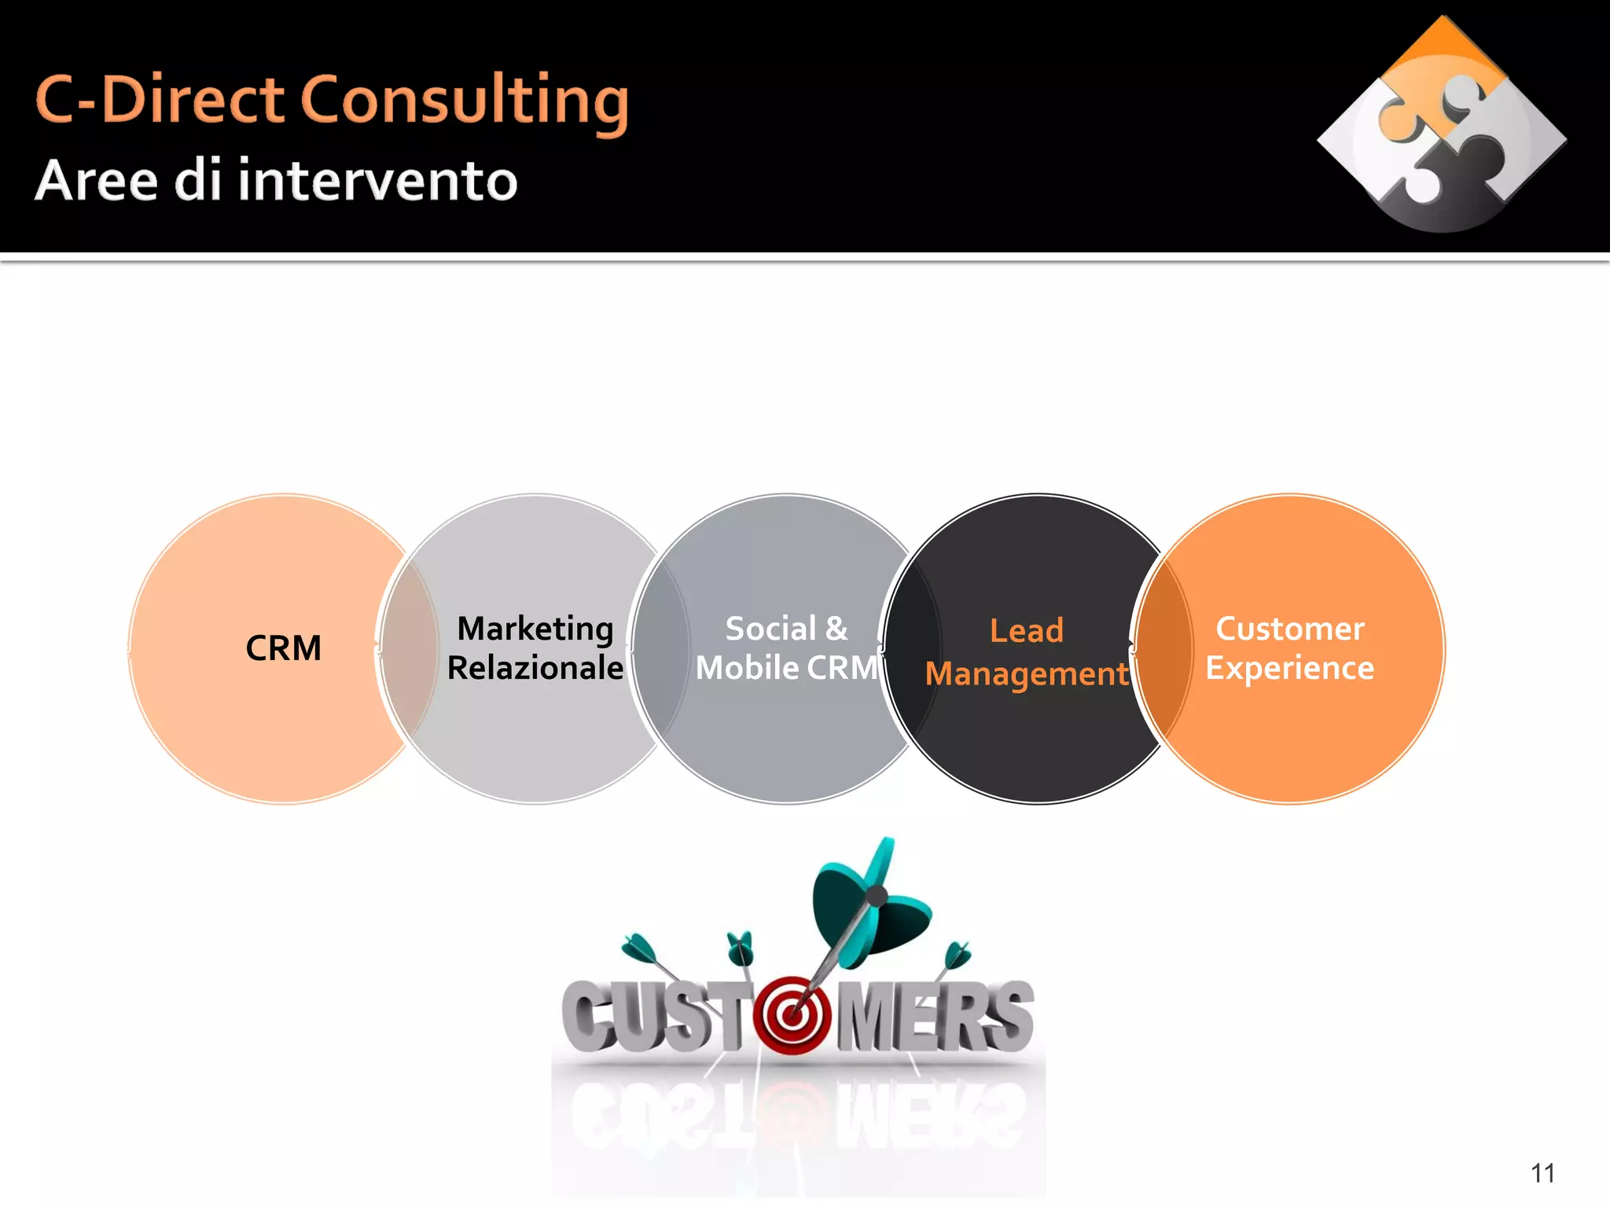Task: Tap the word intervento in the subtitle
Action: pos(377,181)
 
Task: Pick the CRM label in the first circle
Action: pos(283,649)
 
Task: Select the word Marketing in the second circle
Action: pos(535,629)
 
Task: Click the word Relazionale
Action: pos(535,668)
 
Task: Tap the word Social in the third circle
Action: pos(770,629)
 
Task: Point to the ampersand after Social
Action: pos(836,629)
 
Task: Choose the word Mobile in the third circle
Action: pos(747,668)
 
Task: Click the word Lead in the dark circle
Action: pos(1026,631)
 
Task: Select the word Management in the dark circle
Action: pos(1026,674)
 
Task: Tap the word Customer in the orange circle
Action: pos(1290,629)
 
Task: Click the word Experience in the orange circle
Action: pos(1290,668)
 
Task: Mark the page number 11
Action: pos(1542,1173)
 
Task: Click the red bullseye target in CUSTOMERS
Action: pos(792,1015)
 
